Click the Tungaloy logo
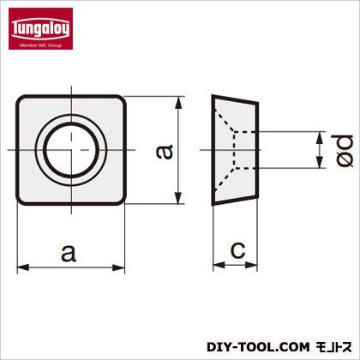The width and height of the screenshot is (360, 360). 40,28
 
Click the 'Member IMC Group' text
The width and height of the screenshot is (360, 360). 40,45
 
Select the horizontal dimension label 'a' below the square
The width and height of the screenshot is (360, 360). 69,253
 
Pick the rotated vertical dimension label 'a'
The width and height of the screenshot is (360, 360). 165,152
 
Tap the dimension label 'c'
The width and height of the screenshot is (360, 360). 237,250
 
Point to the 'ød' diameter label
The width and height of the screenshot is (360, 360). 344,151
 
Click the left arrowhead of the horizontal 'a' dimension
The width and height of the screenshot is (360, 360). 23,267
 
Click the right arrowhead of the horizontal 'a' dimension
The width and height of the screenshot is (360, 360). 119,267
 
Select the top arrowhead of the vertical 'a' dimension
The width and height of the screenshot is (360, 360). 178,102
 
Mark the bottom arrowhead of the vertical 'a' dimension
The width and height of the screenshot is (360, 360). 178,198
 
